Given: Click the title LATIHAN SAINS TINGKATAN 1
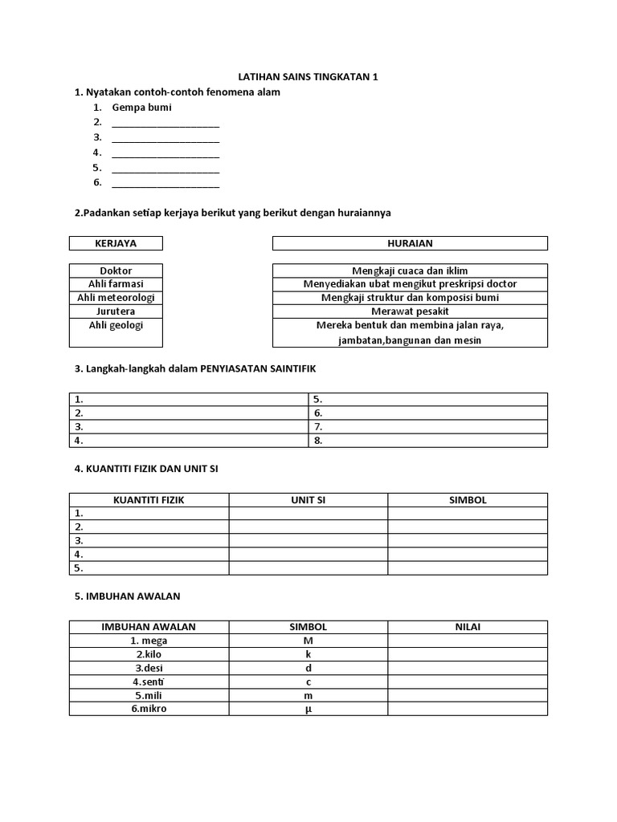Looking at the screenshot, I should tap(308, 77).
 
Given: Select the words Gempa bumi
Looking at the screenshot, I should tap(141, 108).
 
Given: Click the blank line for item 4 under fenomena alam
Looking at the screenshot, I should tap(165, 153).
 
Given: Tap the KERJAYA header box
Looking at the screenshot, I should tap(116, 243).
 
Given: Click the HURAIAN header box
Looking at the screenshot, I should tap(410, 243).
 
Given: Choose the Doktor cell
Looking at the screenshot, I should tap(116, 271).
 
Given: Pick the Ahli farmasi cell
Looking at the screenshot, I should tap(116, 284).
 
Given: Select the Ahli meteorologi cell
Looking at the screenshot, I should tap(116, 298).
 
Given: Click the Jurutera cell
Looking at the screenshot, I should tap(116, 311).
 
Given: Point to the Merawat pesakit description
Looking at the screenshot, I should tap(410, 311).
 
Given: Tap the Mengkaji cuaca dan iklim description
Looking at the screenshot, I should tap(410, 271).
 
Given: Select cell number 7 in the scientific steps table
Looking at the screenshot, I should tap(427, 427).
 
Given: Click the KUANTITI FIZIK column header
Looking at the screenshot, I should tap(149, 500).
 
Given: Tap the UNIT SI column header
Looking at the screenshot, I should tap(308, 500).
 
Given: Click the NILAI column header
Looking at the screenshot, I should tap(467, 627).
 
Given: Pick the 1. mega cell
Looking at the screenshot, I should tap(149, 641).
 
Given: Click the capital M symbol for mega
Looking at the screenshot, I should tap(308, 641).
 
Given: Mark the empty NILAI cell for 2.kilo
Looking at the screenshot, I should tap(467, 654).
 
